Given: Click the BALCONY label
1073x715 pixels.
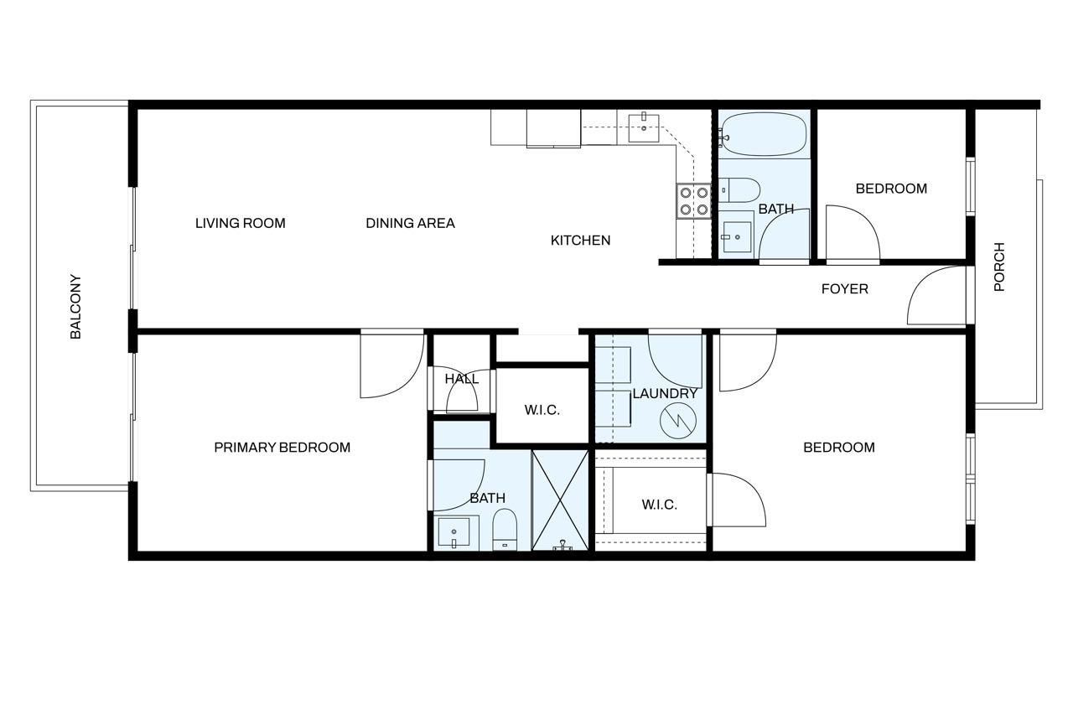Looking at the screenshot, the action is click(x=75, y=307).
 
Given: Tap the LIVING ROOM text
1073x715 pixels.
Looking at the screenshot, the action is click(x=241, y=223).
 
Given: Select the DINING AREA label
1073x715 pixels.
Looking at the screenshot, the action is click(x=410, y=223).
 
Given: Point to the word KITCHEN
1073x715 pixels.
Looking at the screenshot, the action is click(x=581, y=241).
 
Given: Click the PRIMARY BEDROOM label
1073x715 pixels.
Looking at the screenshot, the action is click(x=283, y=448).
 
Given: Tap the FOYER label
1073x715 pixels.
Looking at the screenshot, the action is click(x=844, y=289).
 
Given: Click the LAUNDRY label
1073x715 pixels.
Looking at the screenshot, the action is click(x=665, y=394).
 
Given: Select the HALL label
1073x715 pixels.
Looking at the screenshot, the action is click(x=461, y=379).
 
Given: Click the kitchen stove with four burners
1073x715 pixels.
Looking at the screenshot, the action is click(x=693, y=201).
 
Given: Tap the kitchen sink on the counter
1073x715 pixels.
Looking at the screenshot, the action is click(x=643, y=128).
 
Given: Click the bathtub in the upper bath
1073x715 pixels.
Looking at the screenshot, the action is click(x=764, y=134).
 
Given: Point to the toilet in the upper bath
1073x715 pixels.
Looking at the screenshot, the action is click(x=739, y=190).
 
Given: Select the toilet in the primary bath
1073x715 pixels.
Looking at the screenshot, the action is click(x=505, y=529).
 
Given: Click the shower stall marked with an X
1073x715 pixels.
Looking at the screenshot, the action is click(x=560, y=500).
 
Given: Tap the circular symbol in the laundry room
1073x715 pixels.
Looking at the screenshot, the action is click(x=678, y=421).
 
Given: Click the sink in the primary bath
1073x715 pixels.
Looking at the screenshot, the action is click(x=454, y=532).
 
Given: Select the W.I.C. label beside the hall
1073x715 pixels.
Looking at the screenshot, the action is click(x=542, y=411).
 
